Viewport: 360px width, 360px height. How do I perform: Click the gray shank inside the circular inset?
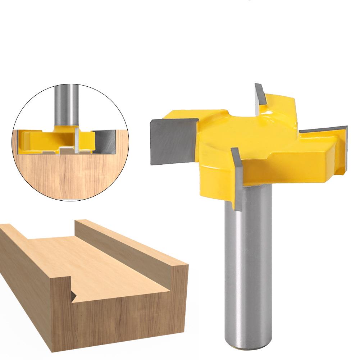tap(66, 104)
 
